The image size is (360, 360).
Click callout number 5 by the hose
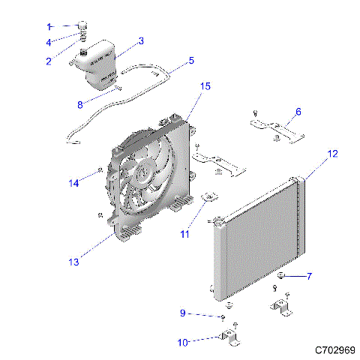click(190, 60)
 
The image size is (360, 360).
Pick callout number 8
click(81, 104)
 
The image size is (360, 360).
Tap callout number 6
click(298, 112)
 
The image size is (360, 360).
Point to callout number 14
click(74, 182)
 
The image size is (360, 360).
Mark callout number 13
click(73, 262)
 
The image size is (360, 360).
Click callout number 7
click(308, 276)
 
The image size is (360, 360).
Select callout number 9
click(182, 313)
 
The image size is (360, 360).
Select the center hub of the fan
click(143, 177)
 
